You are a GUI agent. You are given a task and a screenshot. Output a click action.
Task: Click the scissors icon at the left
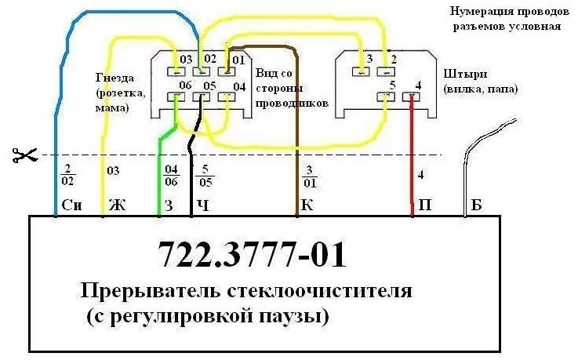[x=24, y=155]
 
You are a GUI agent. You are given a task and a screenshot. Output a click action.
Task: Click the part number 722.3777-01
[x=251, y=254]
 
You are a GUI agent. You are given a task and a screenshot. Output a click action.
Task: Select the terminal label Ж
[x=116, y=207]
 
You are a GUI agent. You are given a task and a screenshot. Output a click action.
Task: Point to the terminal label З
[x=170, y=207]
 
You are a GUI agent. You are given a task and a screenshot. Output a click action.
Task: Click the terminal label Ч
[x=202, y=207]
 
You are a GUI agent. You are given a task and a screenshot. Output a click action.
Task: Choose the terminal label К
[x=307, y=207]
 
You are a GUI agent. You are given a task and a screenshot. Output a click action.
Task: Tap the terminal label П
[x=424, y=207]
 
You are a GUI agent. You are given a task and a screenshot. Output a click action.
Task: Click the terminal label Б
[x=476, y=207]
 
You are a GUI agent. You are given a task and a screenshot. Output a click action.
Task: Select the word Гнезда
[x=115, y=78]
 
